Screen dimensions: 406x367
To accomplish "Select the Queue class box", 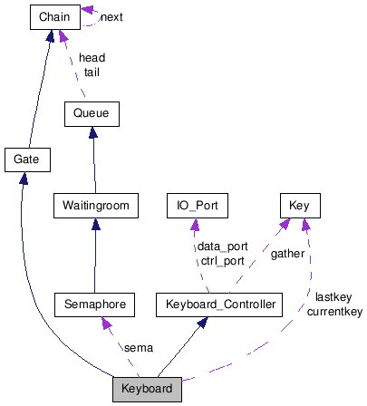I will (92, 114).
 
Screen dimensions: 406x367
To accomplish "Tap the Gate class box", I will (26, 160).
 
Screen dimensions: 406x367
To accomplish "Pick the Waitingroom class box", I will (95, 206).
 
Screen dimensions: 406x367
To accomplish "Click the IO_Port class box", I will (197, 206).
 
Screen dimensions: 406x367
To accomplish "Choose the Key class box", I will (299, 206).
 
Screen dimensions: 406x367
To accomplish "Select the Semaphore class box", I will (95, 304).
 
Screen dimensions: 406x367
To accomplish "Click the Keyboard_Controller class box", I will (220, 304).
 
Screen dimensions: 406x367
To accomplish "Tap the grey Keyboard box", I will (148, 390).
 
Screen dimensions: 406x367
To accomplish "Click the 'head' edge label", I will (92, 58).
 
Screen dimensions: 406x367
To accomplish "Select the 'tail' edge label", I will (92, 72).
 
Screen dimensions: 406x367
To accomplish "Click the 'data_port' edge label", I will (222, 246).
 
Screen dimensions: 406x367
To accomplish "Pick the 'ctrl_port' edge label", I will (222, 260).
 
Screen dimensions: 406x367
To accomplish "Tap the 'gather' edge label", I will (287, 254).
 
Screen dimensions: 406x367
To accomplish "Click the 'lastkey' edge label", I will (333, 297).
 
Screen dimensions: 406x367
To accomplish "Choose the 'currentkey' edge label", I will (333, 311).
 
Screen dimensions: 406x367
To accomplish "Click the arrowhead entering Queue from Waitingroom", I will (92, 132).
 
